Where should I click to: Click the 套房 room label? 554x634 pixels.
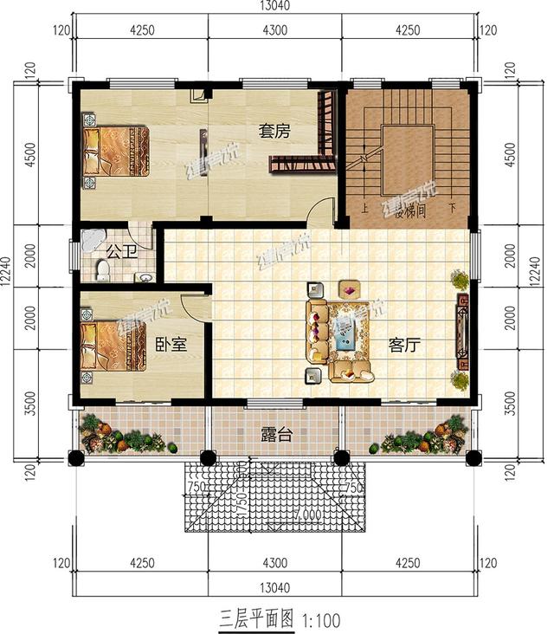pyautogui.click(x=274, y=131)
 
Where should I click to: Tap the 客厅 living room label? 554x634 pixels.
pyautogui.click(x=404, y=345)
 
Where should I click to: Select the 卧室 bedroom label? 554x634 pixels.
pyautogui.click(x=171, y=345)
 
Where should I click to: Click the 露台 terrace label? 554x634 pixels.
pyautogui.click(x=276, y=434)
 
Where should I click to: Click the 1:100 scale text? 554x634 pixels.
pyautogui.click(x=321, y=620)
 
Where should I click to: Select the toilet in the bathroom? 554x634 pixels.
pyautogui.click(x=101, y=271)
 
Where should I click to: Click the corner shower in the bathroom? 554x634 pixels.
pyautogui.click(x=91, y=241)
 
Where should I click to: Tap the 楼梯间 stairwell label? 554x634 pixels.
pyautogui.click(x=409, y=210)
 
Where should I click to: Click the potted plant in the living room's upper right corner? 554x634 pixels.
pyautogui.click(x=458, y=280)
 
